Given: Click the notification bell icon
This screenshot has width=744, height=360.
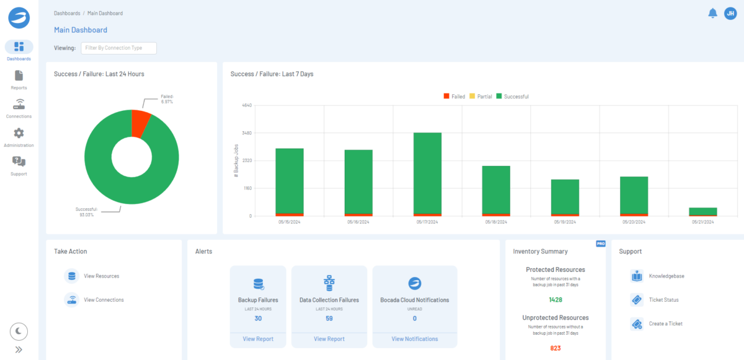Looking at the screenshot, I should [x=712, y=13].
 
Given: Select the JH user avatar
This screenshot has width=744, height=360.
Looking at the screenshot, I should [x=730, y=13].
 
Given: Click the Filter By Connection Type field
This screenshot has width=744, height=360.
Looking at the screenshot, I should [x=118, y=48].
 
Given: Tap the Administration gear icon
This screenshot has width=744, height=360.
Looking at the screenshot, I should [x=19, y=133].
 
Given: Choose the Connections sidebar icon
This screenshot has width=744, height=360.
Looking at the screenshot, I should [x=19, y=105].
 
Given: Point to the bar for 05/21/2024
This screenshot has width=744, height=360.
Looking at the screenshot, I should [x=702, y=211].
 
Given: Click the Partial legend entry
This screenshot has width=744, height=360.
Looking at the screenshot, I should [x=480, y=97].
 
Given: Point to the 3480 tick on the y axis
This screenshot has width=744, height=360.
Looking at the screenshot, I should [x=247, y=133].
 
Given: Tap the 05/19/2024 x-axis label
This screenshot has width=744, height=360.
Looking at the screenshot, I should [x=565, y=222].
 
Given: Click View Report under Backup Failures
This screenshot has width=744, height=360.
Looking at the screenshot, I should [x=259, y=339].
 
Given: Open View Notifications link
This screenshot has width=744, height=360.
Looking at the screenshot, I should [x=415, y=339].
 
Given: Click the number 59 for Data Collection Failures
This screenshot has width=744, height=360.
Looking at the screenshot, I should [x=329, y=318].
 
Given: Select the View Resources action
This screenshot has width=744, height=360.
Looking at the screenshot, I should [x=101, y=276].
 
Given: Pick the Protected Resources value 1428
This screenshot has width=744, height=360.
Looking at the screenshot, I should [x=556, y=300].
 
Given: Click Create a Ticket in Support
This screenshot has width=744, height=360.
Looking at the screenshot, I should [x=665, y=323].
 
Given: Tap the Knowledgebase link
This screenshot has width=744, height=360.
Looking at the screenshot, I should [x=666, y=276].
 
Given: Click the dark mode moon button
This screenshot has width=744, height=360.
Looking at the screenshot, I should [x=19, y=331].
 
